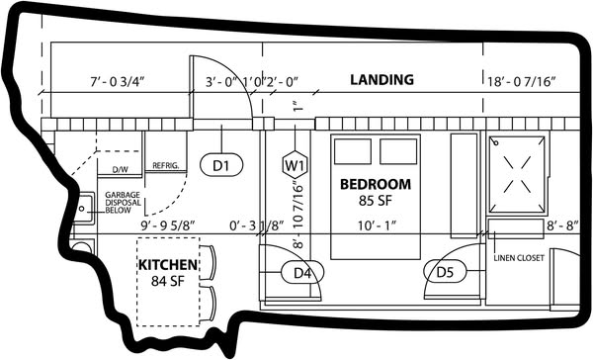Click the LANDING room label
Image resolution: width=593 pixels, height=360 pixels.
(x=381, y=80)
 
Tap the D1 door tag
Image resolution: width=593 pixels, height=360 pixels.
(x=221, y=165)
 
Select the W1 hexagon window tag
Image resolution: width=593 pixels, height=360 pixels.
(x=295, y=165)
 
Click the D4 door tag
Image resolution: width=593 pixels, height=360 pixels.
(x=302, y=272)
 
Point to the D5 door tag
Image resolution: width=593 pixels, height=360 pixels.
(x=445, y=272)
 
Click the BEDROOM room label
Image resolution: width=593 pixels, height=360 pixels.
(x=376, y=184)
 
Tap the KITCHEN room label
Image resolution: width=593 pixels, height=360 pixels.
(x=168, y=265)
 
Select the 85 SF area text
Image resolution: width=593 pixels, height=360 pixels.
(x=376, y=201)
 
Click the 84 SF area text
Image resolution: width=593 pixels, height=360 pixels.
(x=168, y=281)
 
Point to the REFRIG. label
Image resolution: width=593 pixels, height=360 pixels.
(x=166, y=166)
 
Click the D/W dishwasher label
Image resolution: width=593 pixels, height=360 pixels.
(x=121, y=170)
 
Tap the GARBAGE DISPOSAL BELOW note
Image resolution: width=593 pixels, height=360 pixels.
(x=123, y=203)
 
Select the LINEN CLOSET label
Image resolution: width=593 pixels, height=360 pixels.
(x=519, y=258)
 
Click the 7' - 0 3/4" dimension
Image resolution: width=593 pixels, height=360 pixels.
(x=118, y=82)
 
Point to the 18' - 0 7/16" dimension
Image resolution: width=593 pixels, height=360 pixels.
(x=521, y=82)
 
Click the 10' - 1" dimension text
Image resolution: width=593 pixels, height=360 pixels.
(x=378, y=225)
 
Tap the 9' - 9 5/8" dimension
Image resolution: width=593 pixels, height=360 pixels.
(x=168, y=226)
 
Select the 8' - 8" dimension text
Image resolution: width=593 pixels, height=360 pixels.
(x=562, y=226)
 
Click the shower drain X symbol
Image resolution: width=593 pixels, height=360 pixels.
(x=517, y=174)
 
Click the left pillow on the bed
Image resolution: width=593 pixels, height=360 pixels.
(x=353, y=151)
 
